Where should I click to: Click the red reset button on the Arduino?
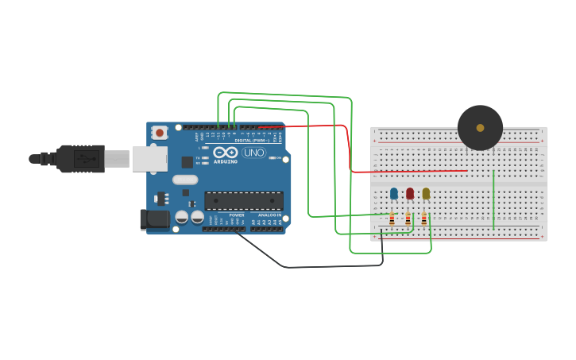pos(160,133)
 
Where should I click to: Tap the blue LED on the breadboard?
pos(394,193)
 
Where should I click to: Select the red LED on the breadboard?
pos(410,193)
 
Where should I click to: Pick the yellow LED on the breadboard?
pos(426,193)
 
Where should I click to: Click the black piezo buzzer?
pos(480,127)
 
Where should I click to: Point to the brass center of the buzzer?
pos(480,127)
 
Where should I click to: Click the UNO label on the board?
pos(254,153)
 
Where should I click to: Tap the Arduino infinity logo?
pos(225,153)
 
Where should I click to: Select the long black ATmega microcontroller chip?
pos(244,200)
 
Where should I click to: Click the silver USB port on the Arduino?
pos(149,159)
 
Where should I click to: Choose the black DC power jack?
pos(154,219)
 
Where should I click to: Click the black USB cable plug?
pos(79,159)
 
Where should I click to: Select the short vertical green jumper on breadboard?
pos(493,199)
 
